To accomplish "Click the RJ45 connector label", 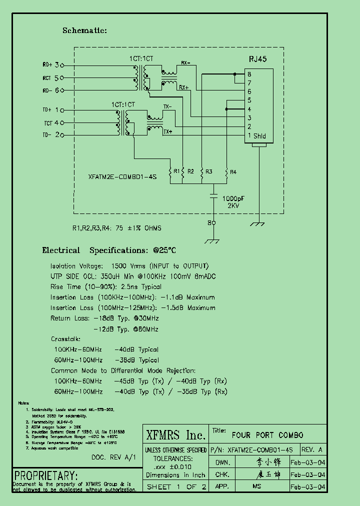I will [257, 58].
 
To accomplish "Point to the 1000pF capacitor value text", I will [233, 198].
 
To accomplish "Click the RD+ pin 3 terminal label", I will [50, 65].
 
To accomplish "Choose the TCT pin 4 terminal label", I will [52, 122].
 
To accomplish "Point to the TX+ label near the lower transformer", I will [167, 132].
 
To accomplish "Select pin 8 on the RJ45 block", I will [248, 74].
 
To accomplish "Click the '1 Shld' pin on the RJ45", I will [256, 135].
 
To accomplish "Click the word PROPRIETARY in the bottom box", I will [46, 475].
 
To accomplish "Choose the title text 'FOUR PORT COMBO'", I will [267, 435].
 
